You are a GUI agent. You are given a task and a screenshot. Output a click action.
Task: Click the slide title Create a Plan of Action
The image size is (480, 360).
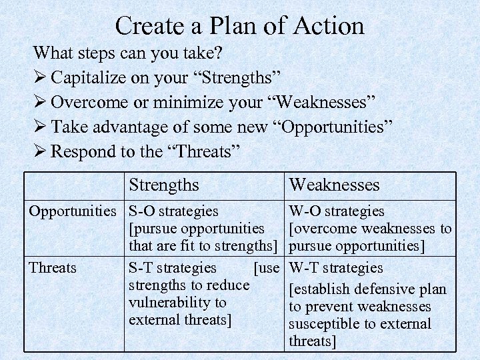click(240, 25)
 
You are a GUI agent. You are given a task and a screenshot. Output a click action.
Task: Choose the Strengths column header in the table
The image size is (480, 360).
click(164, 185)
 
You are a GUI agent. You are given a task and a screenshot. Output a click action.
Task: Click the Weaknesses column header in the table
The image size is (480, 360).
click(334, 185)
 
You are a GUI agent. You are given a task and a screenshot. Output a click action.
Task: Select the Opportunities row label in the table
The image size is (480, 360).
click(72, 211)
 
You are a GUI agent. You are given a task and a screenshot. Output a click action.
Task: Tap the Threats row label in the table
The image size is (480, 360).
click(53, 268)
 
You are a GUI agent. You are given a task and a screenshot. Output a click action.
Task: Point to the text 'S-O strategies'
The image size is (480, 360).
click(173, 211)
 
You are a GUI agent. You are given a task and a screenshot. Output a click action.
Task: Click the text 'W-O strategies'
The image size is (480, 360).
click(336, 211)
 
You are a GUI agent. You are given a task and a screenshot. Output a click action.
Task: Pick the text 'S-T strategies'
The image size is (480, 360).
click(172, 268)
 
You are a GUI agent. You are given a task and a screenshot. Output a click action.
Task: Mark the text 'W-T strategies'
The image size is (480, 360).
click(335, 268)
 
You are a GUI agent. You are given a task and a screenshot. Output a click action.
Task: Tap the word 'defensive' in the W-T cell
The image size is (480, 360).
click(381, 290)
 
